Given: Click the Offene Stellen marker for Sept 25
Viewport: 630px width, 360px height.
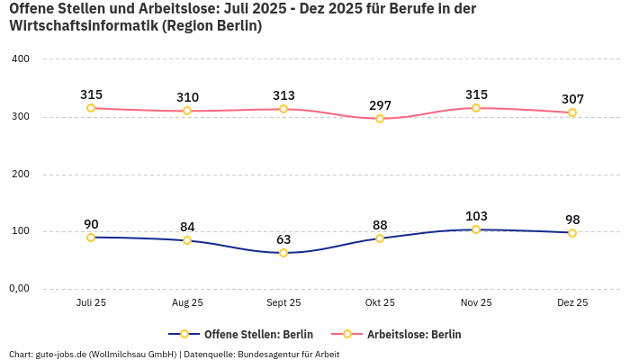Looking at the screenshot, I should [283, 253].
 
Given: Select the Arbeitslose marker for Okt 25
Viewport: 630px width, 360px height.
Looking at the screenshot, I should [380, 119].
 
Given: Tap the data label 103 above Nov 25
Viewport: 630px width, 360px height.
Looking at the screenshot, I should [476, 216].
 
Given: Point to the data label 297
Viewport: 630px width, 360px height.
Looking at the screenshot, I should [380, 105].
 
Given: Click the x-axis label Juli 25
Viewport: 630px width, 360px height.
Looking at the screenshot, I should [91, 303].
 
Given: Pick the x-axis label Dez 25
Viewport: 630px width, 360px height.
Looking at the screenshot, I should [572, 303].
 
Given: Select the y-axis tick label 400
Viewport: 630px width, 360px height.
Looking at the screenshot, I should [20, 59].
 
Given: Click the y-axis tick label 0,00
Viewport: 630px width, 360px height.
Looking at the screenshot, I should [20, 289].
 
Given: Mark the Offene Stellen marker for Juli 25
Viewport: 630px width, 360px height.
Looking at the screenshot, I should [91, 238].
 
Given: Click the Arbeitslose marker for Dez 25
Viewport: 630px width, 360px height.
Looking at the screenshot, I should [572, 112].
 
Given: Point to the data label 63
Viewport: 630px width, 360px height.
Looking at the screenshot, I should [283, 239].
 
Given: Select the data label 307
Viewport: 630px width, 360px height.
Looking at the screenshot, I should [572, 99].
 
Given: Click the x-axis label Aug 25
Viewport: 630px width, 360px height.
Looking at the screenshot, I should [187, 303].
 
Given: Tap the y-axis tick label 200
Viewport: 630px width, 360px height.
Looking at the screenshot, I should [20, 174].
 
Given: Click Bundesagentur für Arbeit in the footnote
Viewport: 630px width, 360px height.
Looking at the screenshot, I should [288, 354].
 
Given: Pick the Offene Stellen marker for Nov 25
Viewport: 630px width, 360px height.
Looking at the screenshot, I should [476, 229].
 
